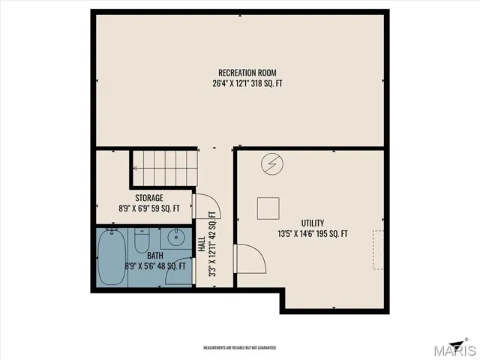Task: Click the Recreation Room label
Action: [241, 73]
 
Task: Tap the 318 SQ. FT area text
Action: [268, 83]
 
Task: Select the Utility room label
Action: [313, 223]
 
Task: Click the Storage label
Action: [149, 198]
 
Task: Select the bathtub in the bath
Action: [112, 258]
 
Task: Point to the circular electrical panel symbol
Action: [271, 163]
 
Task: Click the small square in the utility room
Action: [268, 207]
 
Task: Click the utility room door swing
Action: [251, 260]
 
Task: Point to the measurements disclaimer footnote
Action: [240, 348]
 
